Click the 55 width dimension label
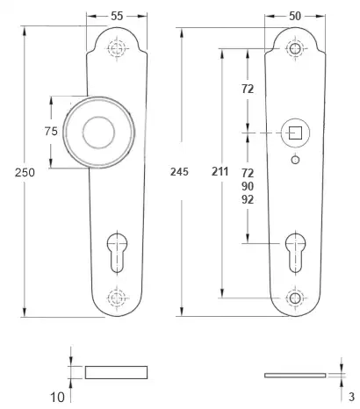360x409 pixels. coord(117,16)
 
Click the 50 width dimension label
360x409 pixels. coord(297,16)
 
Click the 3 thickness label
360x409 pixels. coord(351,396)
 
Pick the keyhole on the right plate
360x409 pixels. coord(296,248)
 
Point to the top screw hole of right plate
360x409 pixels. coord(296,50)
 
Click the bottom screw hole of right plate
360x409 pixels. coord(296,298)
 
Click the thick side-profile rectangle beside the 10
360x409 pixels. coord(117,371)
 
